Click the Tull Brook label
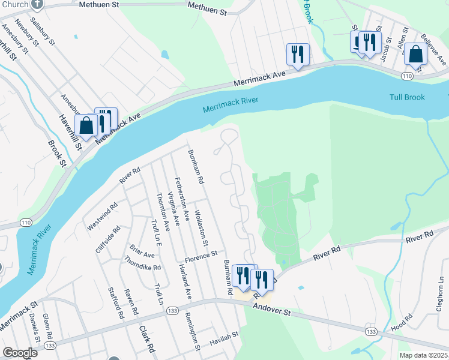coord(407,97)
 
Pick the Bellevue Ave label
coord(433,49)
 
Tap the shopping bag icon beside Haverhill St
coord(86,126)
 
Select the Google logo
coord(20,353)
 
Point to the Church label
coord(14,4)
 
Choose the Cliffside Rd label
coord(108,239)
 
